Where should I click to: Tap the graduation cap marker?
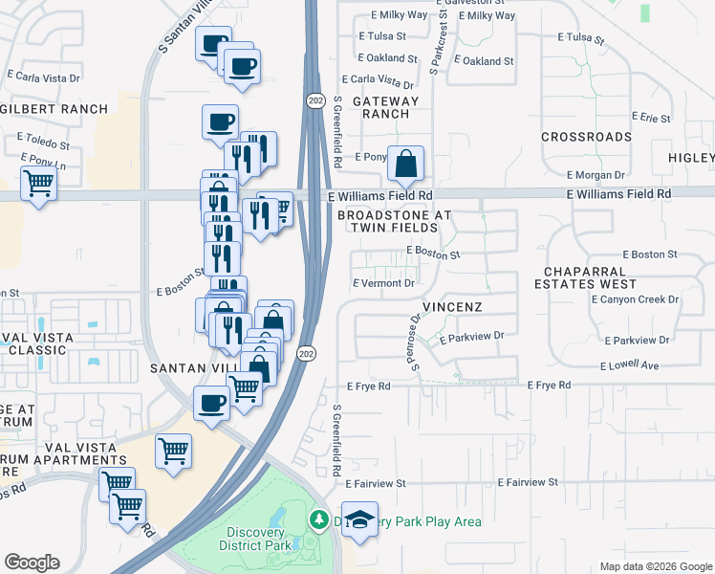tap(359, 519)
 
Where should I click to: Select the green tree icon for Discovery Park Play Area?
tap(317, 521)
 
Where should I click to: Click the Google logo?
tap(32, 563)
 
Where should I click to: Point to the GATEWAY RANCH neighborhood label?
tap(386, 107)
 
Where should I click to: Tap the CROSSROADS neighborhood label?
tap(586, 137)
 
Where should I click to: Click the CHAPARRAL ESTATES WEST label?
tap(585, 277)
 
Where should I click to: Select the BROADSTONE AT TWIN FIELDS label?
tap(394, 222)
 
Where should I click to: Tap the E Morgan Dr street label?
tap(595, 175)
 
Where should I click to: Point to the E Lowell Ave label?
tap(630, 365)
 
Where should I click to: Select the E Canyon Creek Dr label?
tap(635, 299)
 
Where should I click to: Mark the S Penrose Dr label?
tap(416, 342)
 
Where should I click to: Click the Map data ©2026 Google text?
tap(655, 566)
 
